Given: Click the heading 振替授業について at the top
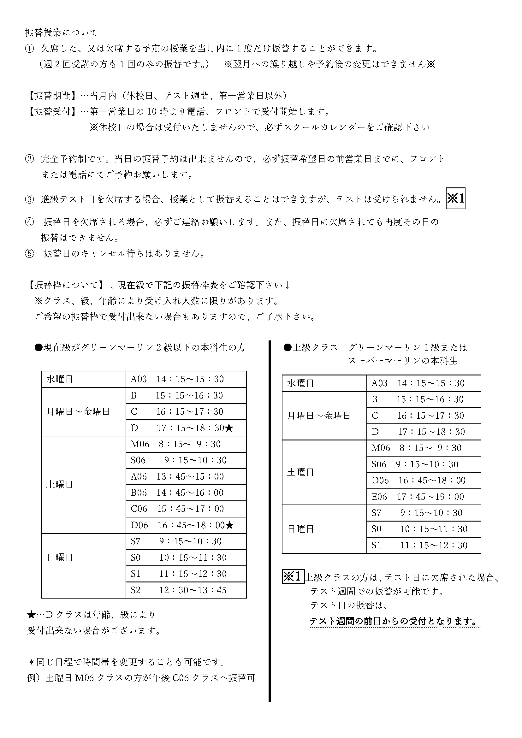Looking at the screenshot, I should pos(62,32).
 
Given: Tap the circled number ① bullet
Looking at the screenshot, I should pos(29,49).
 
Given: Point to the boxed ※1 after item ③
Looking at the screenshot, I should pos(455,199).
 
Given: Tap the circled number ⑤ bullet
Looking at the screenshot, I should pos(29,254).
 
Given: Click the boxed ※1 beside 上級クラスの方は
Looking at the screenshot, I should pos(293,576).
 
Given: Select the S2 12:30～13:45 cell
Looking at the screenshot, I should pos(186,590).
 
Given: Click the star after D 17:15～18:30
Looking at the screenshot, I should pos(229,428).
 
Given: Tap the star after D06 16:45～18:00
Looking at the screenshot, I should pos(229,525).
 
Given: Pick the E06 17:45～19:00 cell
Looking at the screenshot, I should pos(423,497).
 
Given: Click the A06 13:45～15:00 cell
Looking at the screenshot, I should pos(186,477).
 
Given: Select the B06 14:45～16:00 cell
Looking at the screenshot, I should pos(186,493).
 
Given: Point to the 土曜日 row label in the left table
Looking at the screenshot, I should pos(60,485).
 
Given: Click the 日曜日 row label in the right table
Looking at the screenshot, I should pos(300,529).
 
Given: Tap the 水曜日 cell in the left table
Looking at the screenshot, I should pos(60,379).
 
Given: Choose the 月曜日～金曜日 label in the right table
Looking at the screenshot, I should pos(318,416).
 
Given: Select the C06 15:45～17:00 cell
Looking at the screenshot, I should pos(186,509).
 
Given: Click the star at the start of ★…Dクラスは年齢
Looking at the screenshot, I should pos(31,615).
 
